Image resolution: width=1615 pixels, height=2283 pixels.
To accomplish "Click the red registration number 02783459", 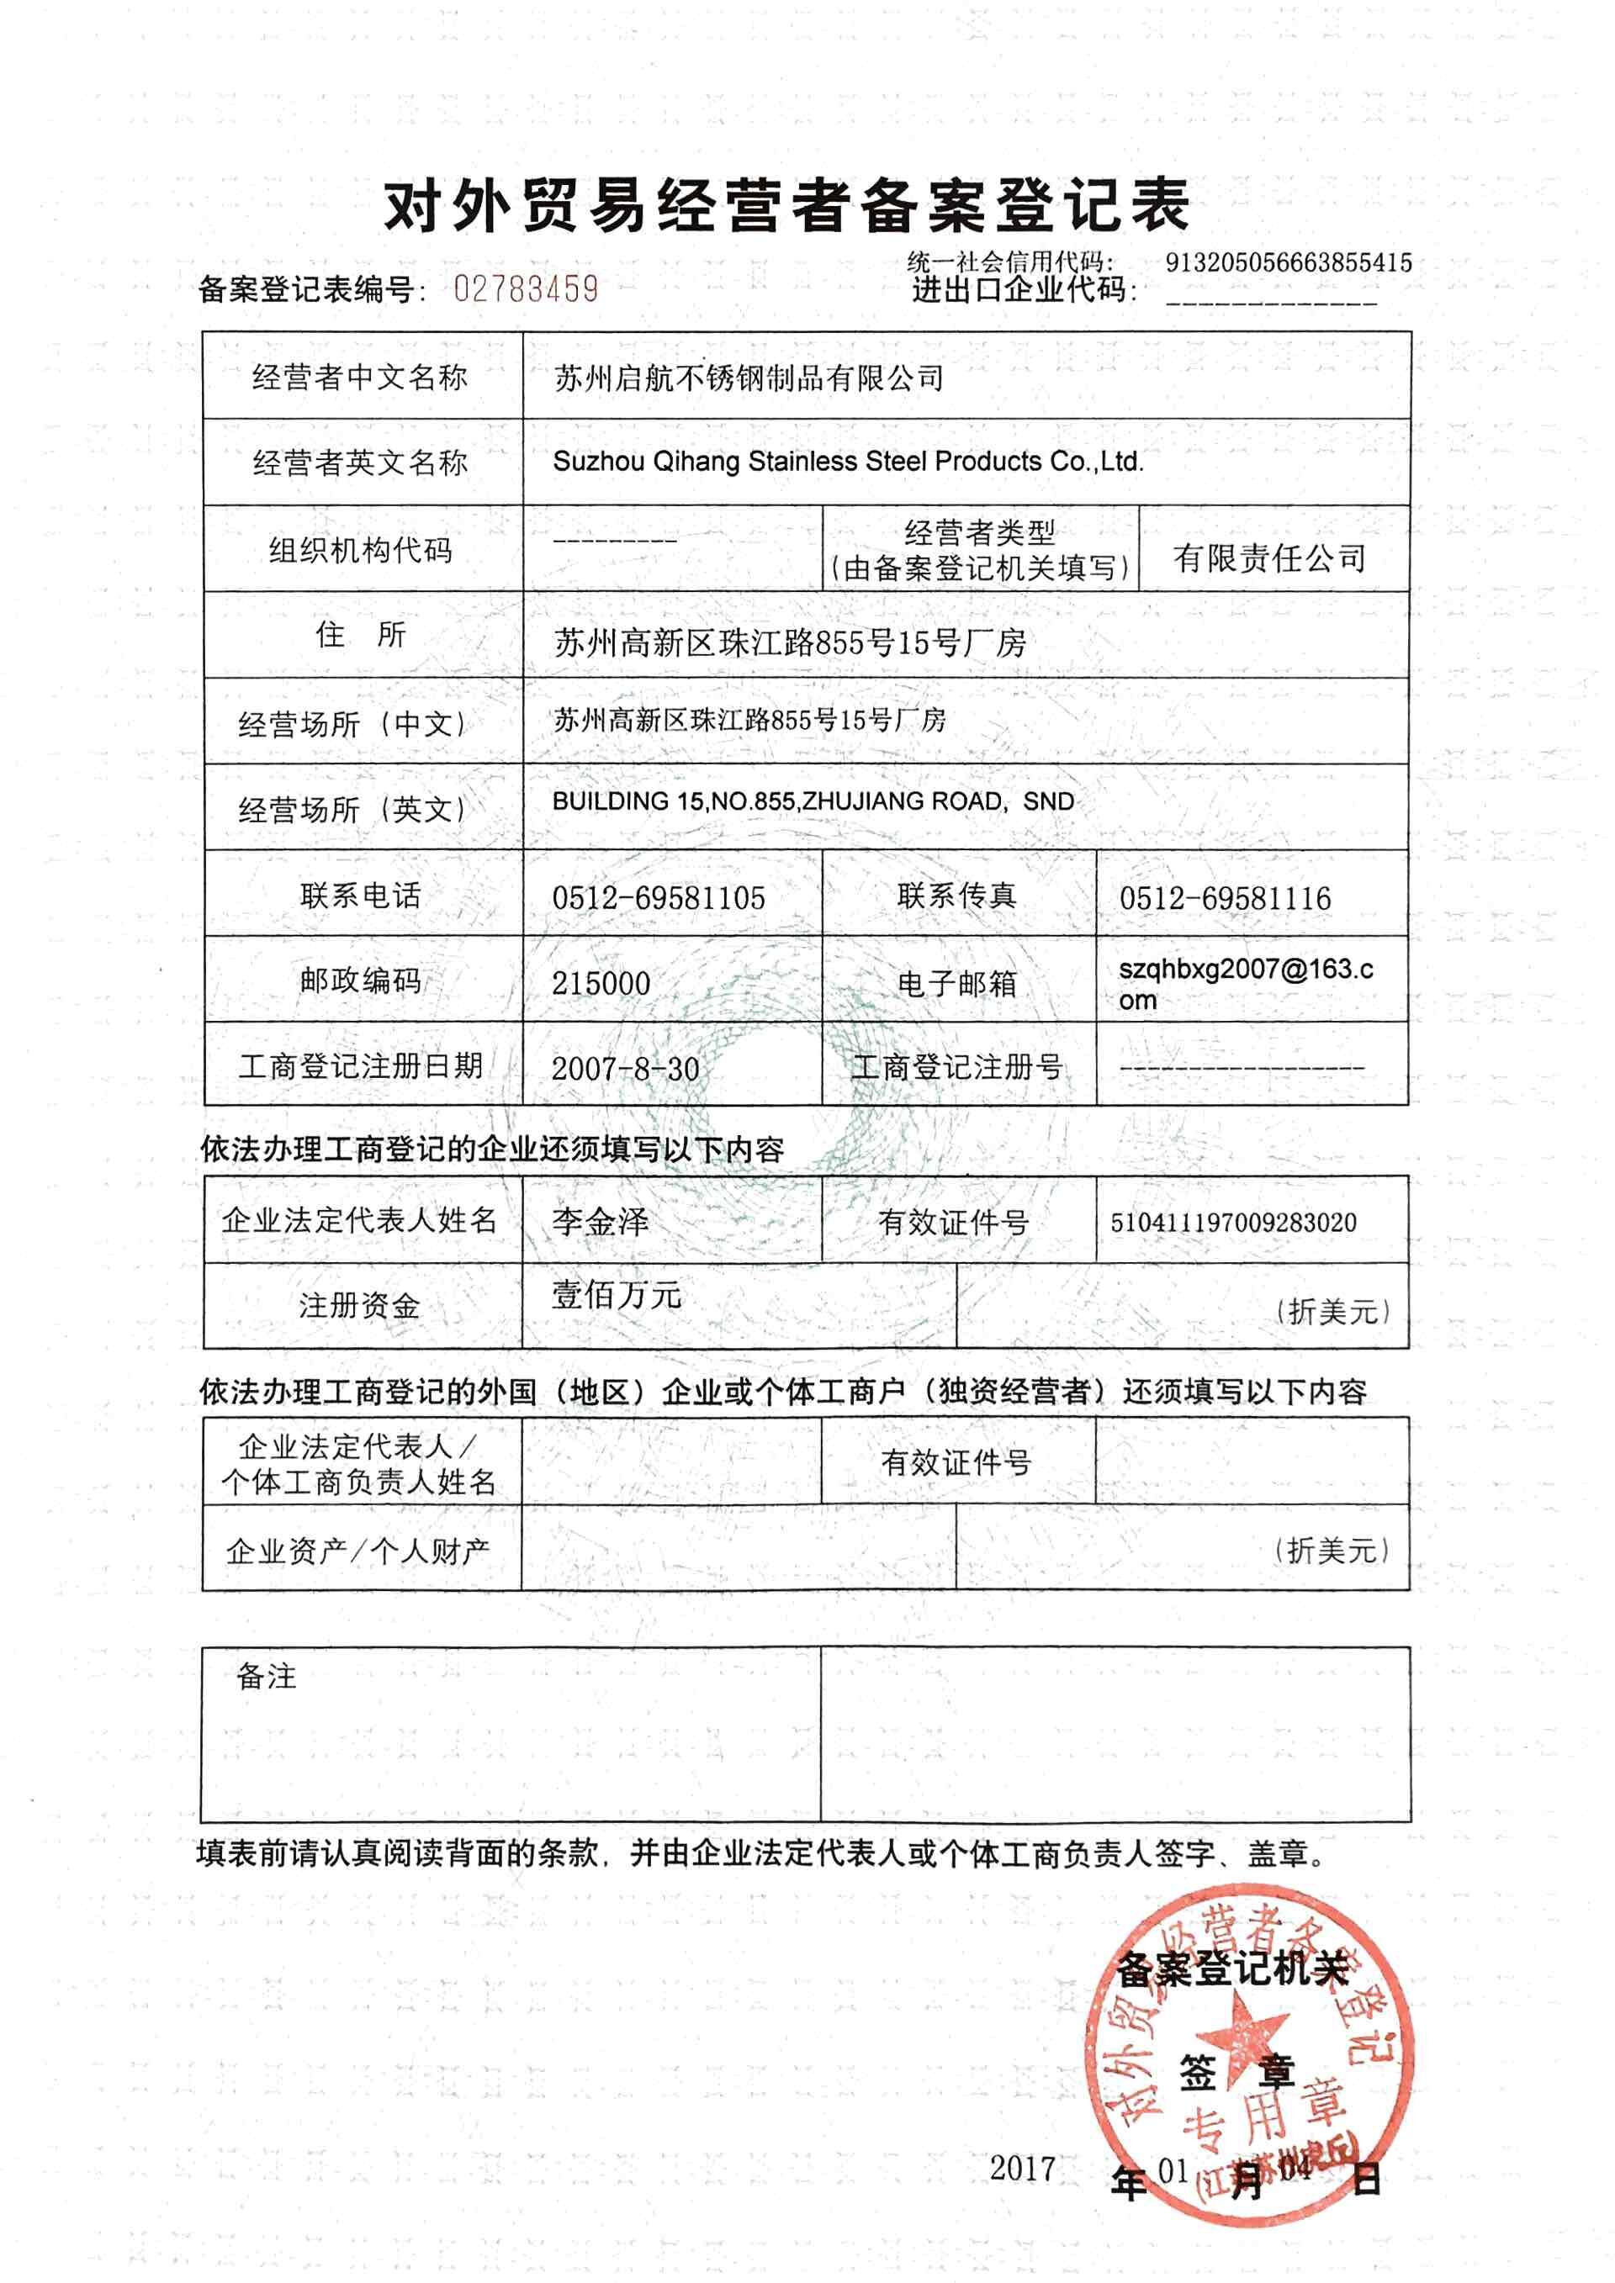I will pyautogui.click(x=525, y=289).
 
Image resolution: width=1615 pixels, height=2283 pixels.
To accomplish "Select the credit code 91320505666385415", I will pyautogui.click(x=1288, y=263).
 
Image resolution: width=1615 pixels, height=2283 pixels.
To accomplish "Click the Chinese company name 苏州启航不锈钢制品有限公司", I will pyautogui.click(x=748, y=378).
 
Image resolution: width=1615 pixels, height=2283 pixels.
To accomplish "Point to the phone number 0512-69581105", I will pyautogui.click(x=659, y=898).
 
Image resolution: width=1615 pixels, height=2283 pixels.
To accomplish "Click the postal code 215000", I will pyautogui.click(x=601, y=983).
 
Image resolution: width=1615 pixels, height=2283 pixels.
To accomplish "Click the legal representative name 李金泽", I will pyautogui.click(x=600, y=1221).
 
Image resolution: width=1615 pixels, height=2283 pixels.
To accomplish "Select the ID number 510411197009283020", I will pyautogui.click(x=1233, y=1222).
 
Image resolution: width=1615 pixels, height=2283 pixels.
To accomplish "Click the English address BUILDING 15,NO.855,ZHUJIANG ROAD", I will pyautogui.click(x=813, y=801).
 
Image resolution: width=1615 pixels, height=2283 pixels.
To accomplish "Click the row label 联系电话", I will pyautogui.click(x=360, y=895).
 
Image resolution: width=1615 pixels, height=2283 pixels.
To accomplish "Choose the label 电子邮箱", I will pyautogui.click(x=956, y=983).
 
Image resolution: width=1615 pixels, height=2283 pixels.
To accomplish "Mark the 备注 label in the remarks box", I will pyautogui.click(x=267, y=1678).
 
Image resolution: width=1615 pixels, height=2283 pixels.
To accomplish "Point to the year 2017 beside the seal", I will pyautogui.click(x=1022, y=2169).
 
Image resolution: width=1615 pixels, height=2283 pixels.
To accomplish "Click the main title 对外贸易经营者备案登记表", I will pyautogui.click(x=786, y=207).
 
